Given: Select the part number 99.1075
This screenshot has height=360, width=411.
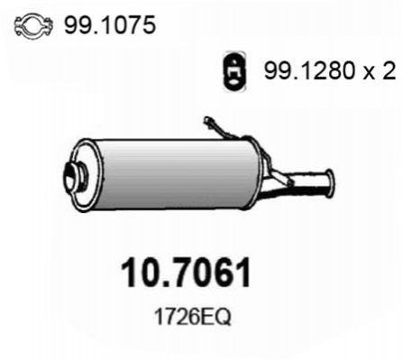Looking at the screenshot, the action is (110, 24).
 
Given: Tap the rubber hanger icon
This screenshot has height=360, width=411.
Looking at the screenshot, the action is (234, 72).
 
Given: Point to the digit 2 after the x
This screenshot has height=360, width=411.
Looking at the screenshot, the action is (388, 70).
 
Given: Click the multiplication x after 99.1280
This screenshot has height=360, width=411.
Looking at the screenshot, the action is (370, 74).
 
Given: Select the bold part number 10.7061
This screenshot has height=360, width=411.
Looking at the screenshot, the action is (186, 272).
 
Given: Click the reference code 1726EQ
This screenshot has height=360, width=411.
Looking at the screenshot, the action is (193, 317).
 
